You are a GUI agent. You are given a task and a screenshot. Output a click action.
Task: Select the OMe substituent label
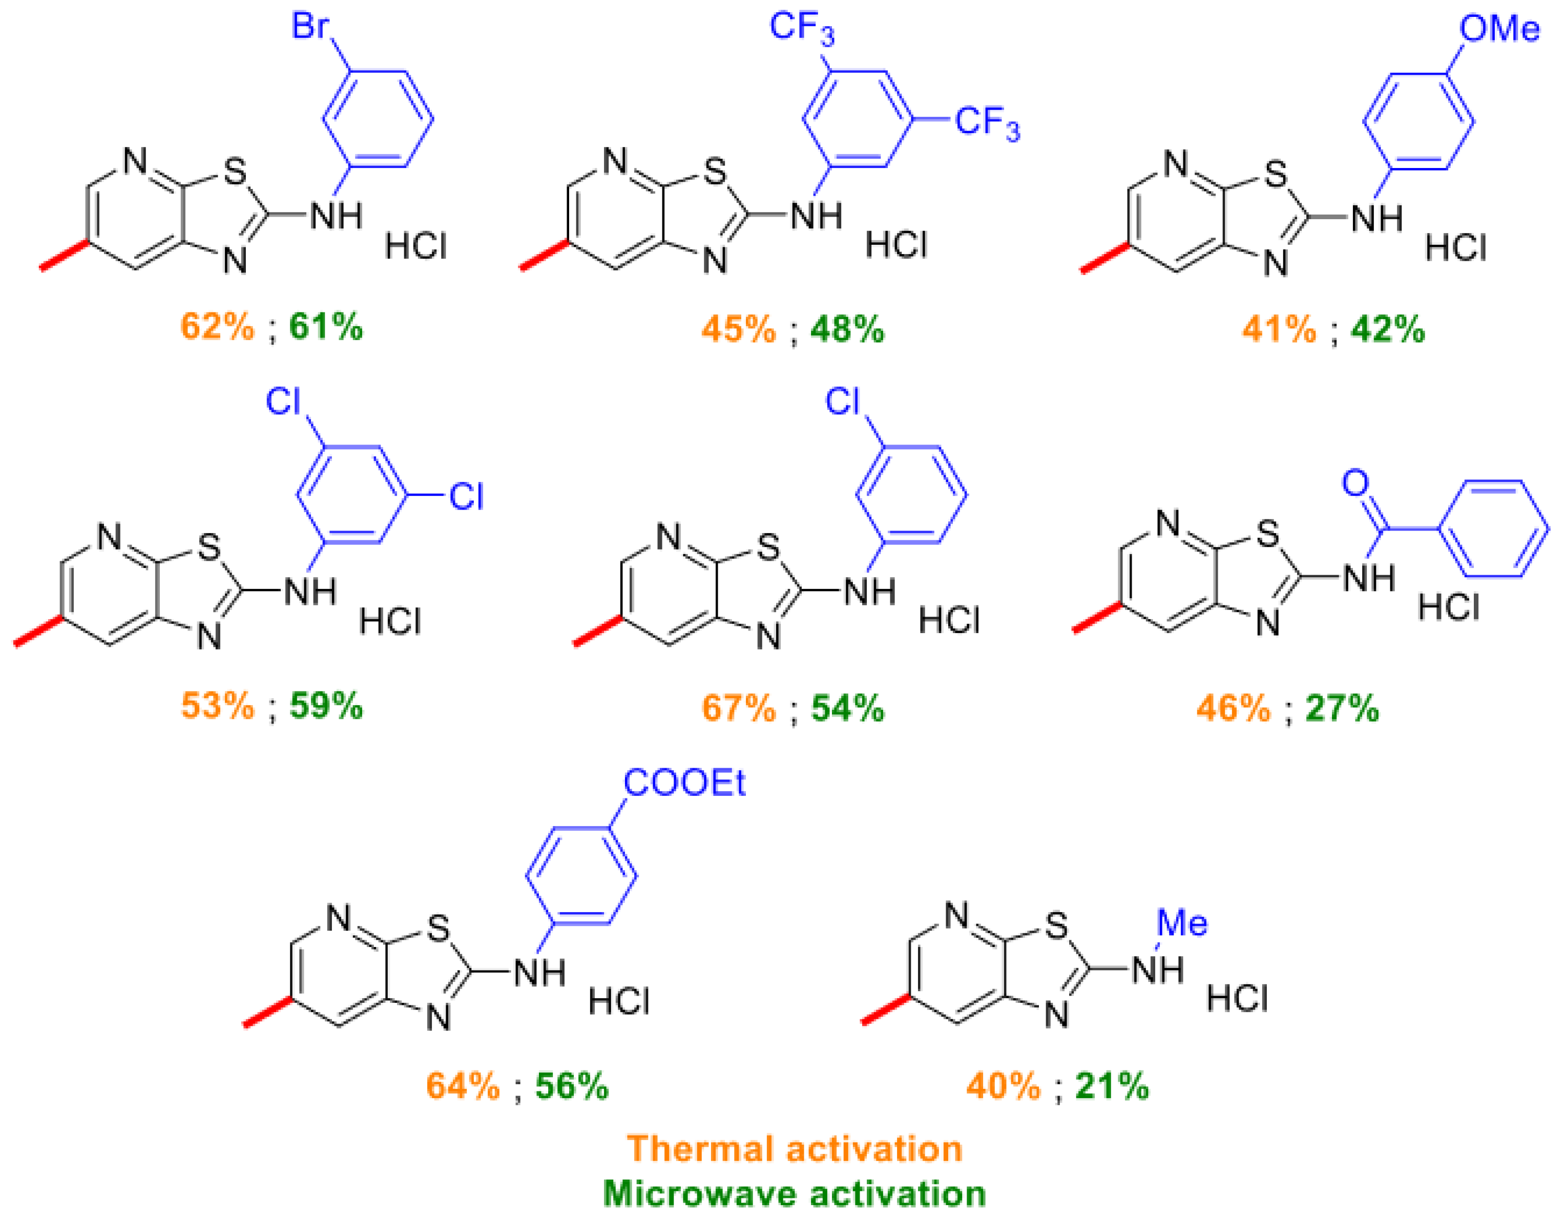[x=1499, y=29]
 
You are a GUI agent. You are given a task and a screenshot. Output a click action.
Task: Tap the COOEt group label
[x=684, y=783]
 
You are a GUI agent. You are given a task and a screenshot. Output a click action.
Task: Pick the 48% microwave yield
[x=847, y=329]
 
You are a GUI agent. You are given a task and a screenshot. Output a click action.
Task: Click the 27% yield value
[x=1342, y=708]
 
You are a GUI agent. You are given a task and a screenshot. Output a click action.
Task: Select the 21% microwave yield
[x=1112, y=1086]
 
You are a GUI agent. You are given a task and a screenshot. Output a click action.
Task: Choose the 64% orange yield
[x=463, y=1086]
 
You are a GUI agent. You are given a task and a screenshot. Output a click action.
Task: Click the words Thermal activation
[x=794, y=1149]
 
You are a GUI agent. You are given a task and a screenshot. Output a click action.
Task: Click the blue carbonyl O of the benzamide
[x=1355, y=483]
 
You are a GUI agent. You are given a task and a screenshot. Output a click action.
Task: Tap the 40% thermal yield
[x=1003, y=1086]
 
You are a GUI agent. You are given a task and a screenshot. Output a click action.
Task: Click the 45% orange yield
[x=738, y=329]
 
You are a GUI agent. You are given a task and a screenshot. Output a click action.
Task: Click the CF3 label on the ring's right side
[x=987, y=123]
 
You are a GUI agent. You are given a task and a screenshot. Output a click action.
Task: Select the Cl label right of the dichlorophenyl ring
[x=466, y=496]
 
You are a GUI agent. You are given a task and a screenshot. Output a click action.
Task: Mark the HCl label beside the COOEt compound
[x=619, y=1001]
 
